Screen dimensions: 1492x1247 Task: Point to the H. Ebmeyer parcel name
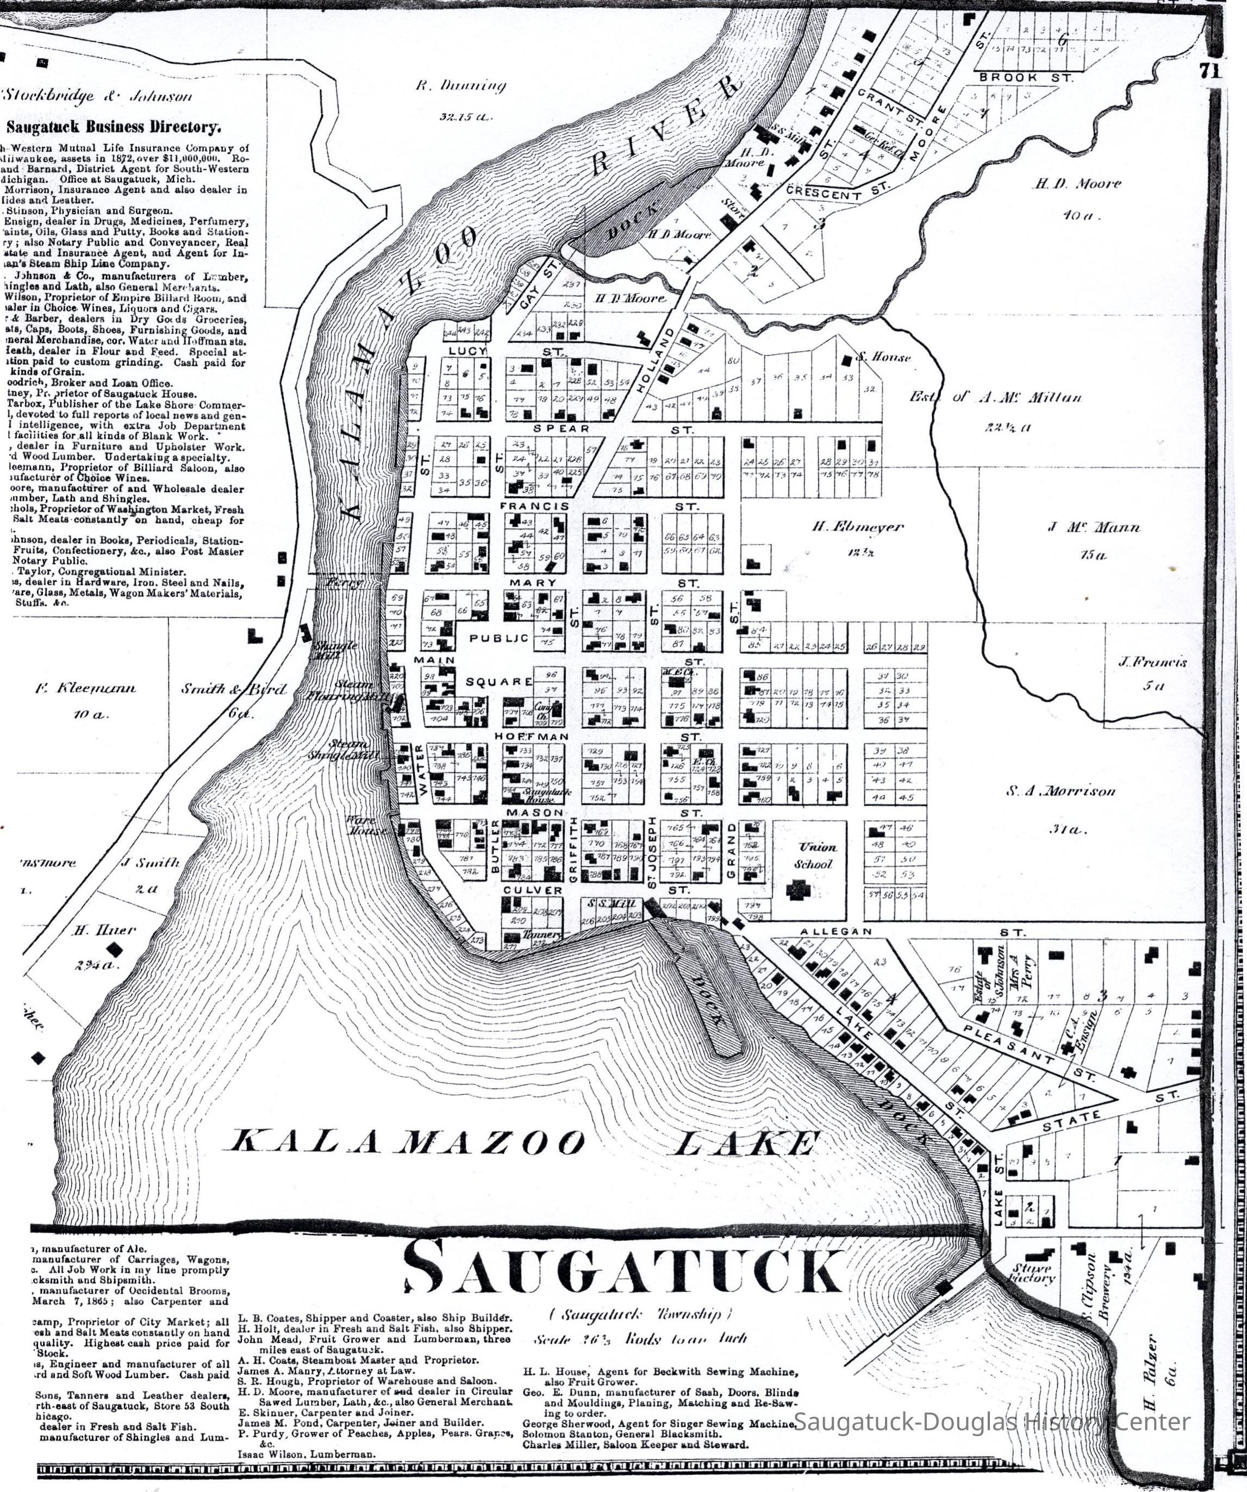point(858,527)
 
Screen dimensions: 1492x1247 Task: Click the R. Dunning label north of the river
point(460,86)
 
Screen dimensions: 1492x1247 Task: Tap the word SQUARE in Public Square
point(499,682)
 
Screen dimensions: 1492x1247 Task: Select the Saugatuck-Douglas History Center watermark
point(991,1422)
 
